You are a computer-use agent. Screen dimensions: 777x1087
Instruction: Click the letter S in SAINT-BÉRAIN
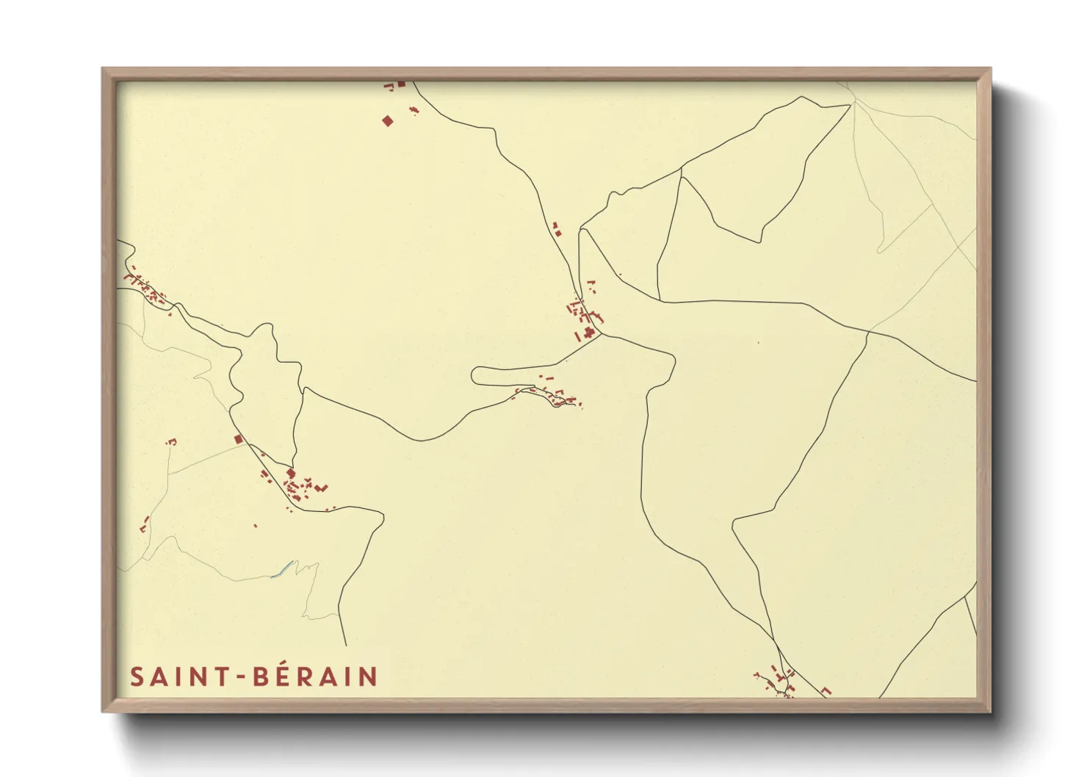pos(136,676)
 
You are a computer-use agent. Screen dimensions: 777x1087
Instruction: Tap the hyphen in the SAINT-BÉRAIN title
pos(240,677)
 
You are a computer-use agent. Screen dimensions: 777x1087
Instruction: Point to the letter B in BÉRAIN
pos(261,676)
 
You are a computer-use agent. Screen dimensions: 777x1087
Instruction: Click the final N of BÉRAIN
pos(368,676)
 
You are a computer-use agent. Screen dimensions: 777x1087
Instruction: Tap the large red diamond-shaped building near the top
pos(388,120)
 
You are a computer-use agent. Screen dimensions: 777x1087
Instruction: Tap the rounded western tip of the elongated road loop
pos(474,376)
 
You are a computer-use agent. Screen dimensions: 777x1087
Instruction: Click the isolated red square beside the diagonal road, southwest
pos(237,439)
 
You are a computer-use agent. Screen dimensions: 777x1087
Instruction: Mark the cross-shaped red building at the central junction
pos(589,333)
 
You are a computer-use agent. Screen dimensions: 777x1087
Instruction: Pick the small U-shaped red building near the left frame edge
pos(172,441)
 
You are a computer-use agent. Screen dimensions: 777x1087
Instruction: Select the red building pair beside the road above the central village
pos(557,229)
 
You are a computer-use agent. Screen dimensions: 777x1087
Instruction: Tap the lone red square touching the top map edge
pos(402,84)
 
